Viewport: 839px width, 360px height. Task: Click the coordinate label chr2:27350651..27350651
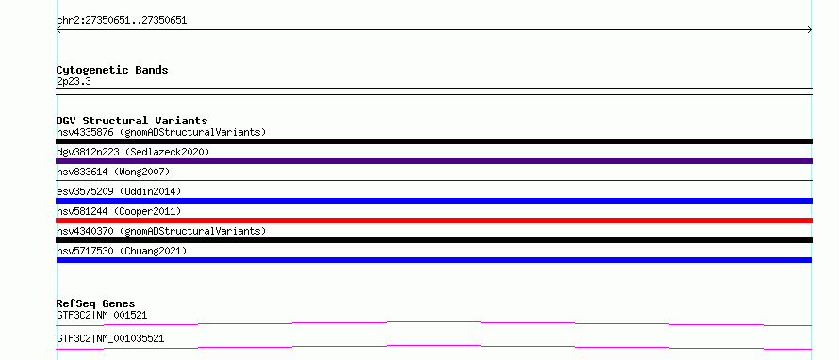(122, 21)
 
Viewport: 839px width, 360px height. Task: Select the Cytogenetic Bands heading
(112, 70)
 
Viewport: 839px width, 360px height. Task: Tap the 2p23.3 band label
(74, 81)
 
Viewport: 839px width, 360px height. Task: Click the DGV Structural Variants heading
(132, 121)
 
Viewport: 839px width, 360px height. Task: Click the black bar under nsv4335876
(434, 141)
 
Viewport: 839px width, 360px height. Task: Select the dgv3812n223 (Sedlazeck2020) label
(133, 152)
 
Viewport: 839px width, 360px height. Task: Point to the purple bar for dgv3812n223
(434, 161)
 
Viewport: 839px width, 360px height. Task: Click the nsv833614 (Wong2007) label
(113, 172)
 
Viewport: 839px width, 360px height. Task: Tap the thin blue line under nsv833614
(434, 181)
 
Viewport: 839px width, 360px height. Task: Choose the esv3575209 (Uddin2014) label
(119, 191)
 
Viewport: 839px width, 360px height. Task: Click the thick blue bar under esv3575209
(434, 201)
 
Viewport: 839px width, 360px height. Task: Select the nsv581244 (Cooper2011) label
(119, 211)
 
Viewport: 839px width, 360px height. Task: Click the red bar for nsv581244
(434, 221)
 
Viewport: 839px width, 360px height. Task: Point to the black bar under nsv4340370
(434, 240)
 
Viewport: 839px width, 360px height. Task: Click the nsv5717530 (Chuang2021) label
(122, 251)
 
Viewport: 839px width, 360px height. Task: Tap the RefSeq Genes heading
(96, 303)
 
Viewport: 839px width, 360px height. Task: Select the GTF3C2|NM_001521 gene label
(102, 315)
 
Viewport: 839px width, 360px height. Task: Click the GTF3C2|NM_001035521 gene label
(110, 338)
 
